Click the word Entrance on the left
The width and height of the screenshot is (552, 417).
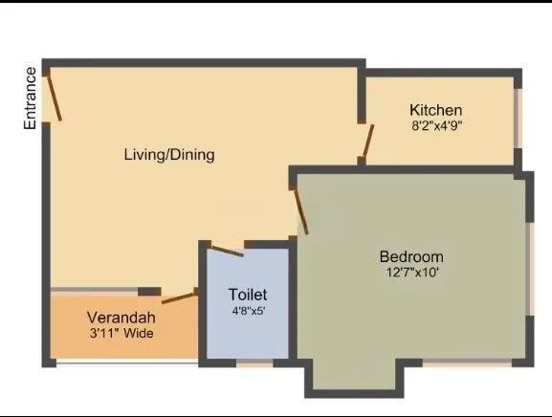(30, 98)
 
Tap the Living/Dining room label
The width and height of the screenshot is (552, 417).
(169, 155)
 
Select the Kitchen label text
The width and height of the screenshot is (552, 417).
(435, 110)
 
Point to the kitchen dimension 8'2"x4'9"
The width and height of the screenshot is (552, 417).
(436, 125)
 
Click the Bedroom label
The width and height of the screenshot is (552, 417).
(411, 256)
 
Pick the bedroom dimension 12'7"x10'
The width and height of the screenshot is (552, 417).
(411, 273)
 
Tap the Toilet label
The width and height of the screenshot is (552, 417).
(248, 295)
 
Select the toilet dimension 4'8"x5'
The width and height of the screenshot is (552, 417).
(248, 310)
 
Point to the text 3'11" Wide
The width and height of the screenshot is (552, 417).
(121, 334)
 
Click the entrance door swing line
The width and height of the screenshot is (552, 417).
(55, 97)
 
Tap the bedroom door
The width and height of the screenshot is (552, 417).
(300, 210)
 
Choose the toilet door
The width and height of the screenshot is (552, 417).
(226, 251)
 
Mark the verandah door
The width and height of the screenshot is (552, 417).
(179, 298)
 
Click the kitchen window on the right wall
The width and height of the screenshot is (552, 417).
(519, 119)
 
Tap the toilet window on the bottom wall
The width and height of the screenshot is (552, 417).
(254, 363)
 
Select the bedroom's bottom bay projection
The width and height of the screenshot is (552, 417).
(349, 378)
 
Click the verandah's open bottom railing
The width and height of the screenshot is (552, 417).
(124, 362)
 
